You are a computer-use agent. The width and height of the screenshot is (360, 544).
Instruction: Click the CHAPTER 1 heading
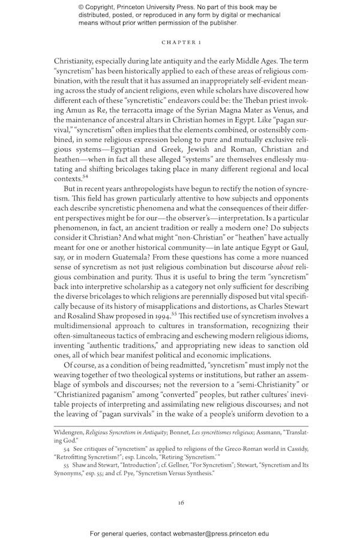pos(180,43)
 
